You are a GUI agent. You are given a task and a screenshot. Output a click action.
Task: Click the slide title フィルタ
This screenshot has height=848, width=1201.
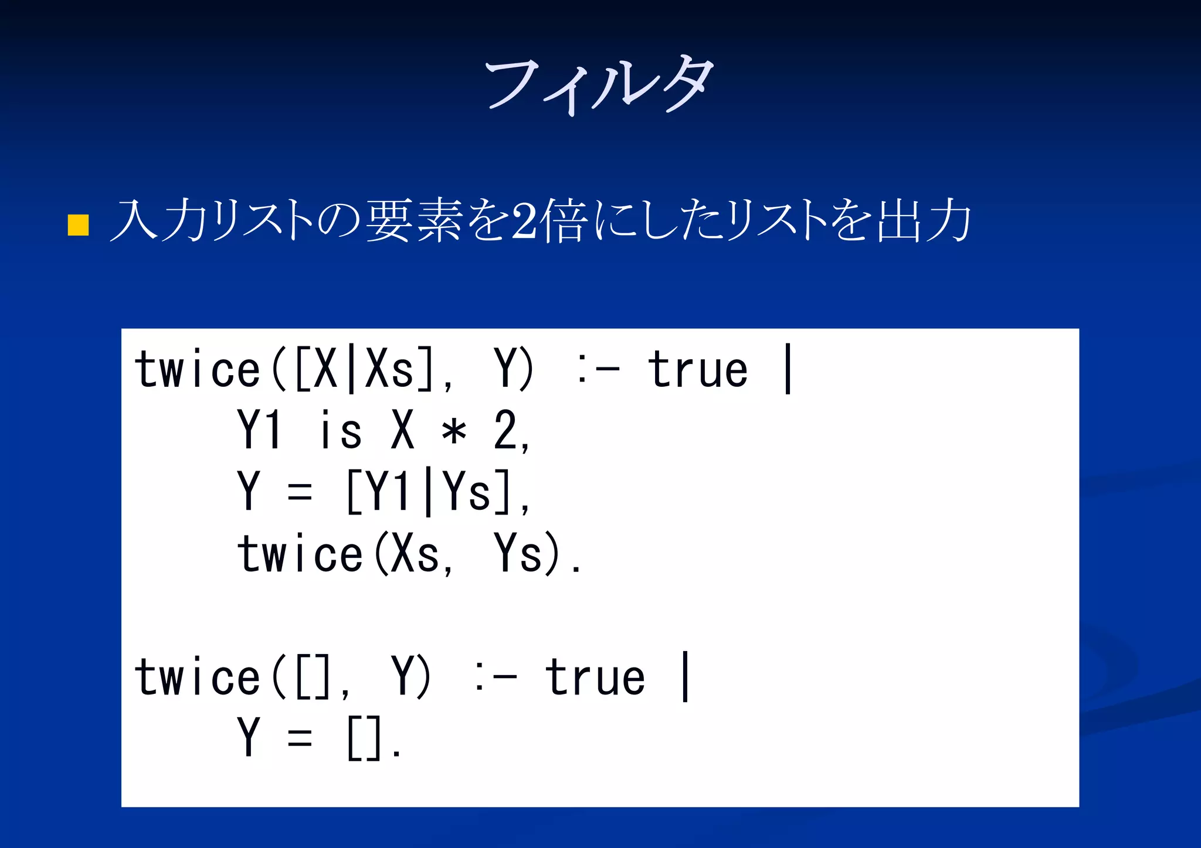click(599, 85)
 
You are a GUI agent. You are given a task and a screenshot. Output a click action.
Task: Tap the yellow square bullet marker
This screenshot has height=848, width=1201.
click(78, 224)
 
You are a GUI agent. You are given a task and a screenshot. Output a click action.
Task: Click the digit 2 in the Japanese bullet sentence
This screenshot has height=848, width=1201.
click(523, 221)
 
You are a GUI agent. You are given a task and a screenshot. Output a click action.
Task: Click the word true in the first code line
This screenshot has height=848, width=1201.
click(698, 370)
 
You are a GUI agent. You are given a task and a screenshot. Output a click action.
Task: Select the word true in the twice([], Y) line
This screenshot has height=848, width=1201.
click(595, 678)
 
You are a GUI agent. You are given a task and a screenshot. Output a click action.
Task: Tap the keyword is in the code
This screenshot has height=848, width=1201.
click(340, 431)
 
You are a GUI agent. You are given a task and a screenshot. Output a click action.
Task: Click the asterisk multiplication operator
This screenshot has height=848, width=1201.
click(454, 432)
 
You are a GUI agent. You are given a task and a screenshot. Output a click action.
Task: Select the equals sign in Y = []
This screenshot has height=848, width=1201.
click(300, 738)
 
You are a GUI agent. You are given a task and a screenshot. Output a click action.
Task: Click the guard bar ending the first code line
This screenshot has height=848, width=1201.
click(788, 369)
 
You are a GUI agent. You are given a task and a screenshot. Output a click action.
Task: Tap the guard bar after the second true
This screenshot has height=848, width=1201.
click(685, 677)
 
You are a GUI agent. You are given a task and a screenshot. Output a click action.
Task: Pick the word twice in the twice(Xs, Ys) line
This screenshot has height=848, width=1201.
click(300, 554)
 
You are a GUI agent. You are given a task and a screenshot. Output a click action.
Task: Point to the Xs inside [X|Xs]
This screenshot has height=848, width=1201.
click(389, 370)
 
